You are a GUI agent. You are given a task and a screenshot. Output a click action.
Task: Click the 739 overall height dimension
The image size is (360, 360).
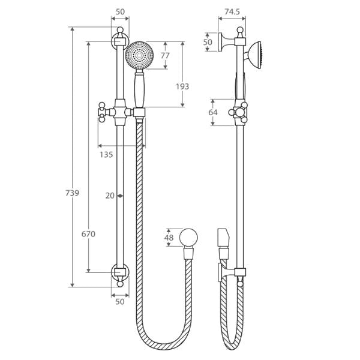click(72, 193)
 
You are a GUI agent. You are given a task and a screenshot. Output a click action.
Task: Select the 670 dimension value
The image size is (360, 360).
click(88, 234)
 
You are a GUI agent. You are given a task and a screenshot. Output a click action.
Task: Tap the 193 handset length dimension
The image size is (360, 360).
click(182, 86)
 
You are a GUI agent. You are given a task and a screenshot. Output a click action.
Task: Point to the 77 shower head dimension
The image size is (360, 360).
click(165, 56)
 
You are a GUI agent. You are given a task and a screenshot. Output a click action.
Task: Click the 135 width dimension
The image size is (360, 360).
click(106, 155)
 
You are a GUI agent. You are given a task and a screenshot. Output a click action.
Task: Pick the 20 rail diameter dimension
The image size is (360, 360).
click(109, 196)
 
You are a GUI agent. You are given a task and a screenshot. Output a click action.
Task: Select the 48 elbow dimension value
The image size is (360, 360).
click(169, 238)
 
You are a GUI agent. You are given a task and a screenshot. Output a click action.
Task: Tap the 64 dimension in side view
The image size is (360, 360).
click(213, 112)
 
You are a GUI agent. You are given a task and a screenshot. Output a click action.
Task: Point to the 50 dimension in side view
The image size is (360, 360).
click(208, 42)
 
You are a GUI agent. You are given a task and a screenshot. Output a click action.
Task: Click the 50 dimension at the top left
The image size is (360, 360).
click(119, 12)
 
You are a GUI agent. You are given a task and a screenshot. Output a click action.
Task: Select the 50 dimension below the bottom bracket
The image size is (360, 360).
click(119, 302)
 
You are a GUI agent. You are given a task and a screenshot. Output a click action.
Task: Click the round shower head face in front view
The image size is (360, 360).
click(142, 55)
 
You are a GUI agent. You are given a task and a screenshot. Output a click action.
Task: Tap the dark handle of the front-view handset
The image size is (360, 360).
click(140, 91)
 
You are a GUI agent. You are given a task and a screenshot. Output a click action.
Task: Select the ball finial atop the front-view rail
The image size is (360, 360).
click(119, 30)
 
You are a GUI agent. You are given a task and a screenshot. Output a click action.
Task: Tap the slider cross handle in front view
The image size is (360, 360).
click(106, 112)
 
